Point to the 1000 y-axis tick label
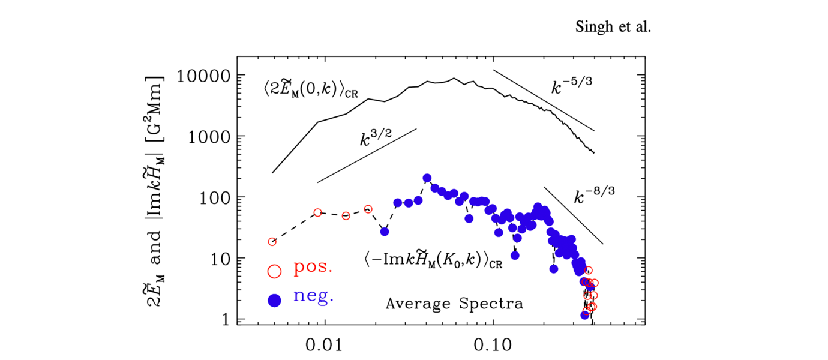(x=207, y=137)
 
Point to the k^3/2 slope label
(x=376, y=139)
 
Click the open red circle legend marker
(x=274, y=271)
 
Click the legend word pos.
(x=313, y=269)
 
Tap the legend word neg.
(x=313, y=296)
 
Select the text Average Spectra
(x=454, y=304)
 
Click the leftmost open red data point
(x=272, y=242)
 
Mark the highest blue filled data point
(x=427, y=178)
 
